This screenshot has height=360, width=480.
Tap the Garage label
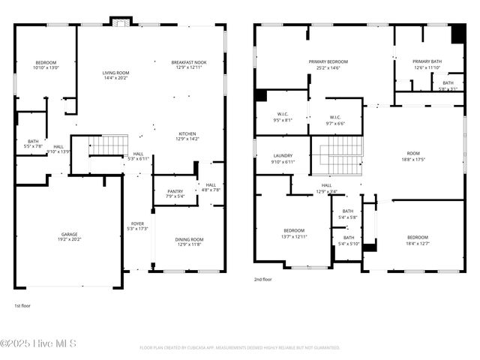69,236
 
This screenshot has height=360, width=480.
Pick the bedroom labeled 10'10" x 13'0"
46,64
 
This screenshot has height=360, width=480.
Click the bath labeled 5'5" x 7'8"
33,143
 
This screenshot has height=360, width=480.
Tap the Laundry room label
283,158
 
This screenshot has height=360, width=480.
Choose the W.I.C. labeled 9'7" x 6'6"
335,120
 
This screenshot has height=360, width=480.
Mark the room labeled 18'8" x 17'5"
413,156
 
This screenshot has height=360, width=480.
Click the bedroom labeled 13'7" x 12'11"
293,233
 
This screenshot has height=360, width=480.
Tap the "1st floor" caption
23,306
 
